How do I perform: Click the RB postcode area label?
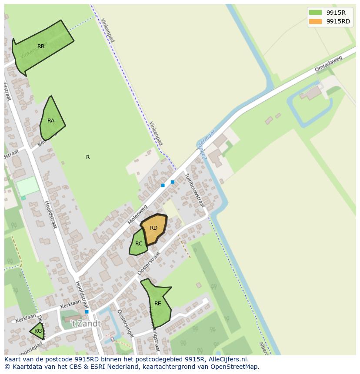(x=41, y=46)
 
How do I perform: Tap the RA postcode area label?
(x=51, y=121)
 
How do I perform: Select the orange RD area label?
(x=153, y=228)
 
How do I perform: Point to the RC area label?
(x=139, y=244)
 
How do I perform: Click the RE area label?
(x=157, y=304)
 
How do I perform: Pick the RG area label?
(x=38, y=331)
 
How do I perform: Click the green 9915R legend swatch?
(x=315, y=13)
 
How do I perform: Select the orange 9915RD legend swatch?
(x=315, y=21)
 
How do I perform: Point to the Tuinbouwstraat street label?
(x=194, y=190)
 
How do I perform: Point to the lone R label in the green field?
(x=88, y=157)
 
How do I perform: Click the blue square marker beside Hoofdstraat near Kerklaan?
(x=87, y=312)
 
